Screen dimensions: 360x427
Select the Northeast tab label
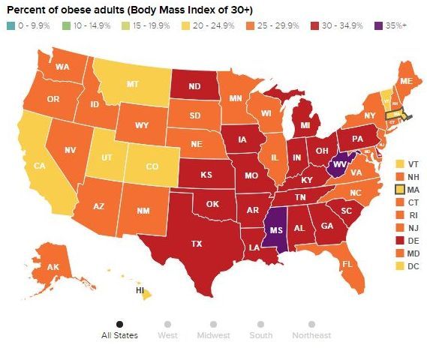tap(311, 335)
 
